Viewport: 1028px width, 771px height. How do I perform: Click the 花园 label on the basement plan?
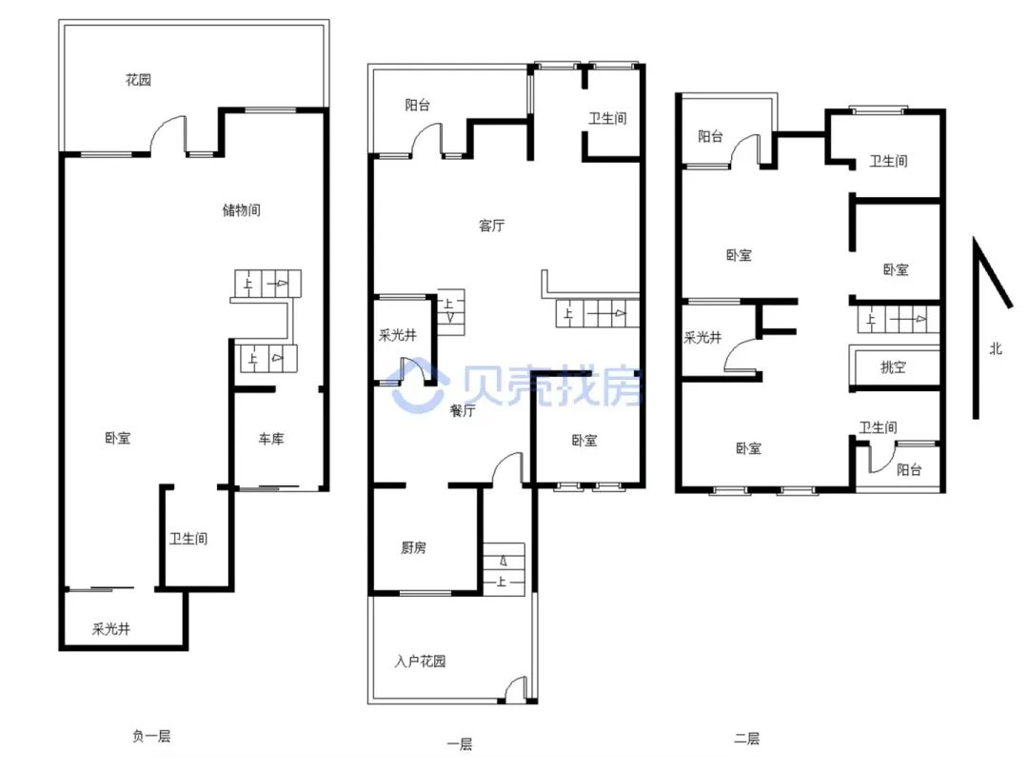(138, 80)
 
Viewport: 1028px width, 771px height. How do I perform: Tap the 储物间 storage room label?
(241, 209)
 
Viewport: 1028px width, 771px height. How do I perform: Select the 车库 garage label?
(270, 439)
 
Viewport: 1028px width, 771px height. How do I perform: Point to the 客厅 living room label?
(492, 226)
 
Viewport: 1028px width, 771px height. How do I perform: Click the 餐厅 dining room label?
(463, 410)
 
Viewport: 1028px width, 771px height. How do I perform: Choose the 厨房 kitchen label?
(414, 546)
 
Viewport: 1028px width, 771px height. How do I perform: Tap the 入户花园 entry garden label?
(421, 661)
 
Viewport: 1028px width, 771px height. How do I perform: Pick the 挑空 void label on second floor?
(893, 367)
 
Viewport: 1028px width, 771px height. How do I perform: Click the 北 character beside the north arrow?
(996, 348)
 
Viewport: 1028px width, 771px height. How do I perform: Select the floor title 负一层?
(151, 736)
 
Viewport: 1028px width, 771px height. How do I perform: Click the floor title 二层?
(747, 739)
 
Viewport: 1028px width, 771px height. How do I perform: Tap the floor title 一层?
(460, 744)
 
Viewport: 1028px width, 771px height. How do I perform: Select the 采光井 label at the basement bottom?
(110, 629)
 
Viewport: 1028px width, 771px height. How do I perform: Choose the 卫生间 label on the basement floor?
(188, 538)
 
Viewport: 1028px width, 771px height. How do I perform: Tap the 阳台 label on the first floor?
(418, 105)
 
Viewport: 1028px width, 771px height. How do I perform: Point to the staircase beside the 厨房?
(504, 569)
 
